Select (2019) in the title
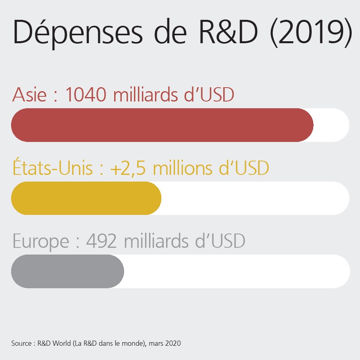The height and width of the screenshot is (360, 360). click(x=310, y=33)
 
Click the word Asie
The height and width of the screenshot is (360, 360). click(x=29, y=95)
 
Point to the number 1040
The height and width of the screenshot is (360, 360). click(x=85, y=95)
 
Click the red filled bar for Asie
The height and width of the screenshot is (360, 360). click(x=162, y=125)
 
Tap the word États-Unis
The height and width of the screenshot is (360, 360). click(x=53, y=168)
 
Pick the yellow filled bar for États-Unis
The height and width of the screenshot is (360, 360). click(x=86, y=198)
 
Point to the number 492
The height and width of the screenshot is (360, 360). click(x=101, y=241)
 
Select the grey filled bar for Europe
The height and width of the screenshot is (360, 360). click(x=67, y=271)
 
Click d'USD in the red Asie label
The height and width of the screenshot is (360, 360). click(x=211, y=95)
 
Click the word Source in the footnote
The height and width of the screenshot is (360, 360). click(x=21, y=343)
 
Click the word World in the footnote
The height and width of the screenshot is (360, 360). click(x=58, y=343)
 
